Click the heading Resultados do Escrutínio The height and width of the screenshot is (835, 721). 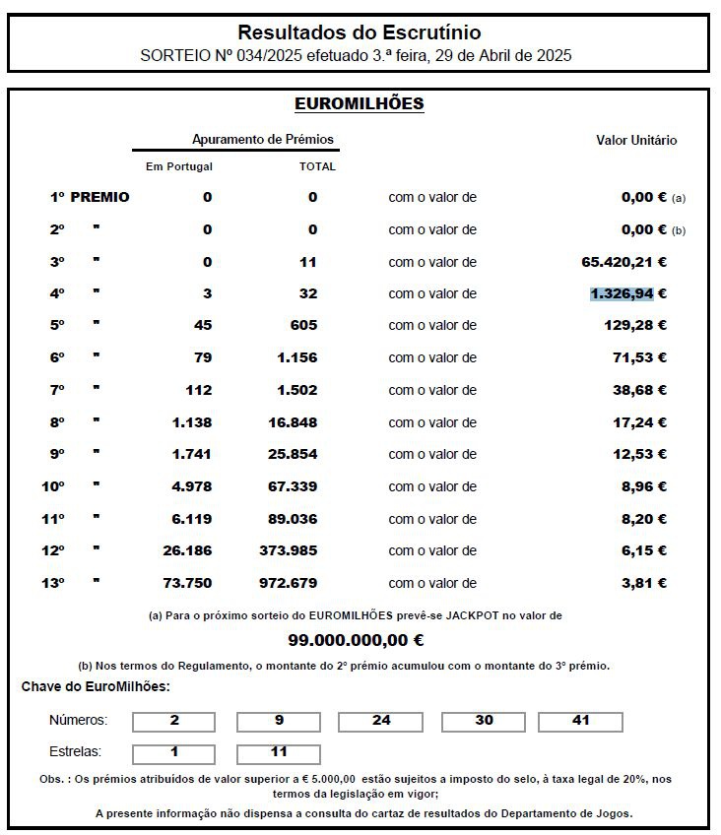click(x=360, y=33)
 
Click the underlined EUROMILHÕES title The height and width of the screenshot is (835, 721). click(x=360, y=103)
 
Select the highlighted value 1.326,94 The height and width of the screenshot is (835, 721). click(x=622, y=293)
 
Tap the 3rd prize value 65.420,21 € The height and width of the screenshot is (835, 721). click(x=624, y=262)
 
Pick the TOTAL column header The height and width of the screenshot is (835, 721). click(x=317, y=166)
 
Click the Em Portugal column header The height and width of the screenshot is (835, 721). click(x=179, y=166)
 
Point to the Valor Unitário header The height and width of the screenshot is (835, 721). click(x=636, y=140)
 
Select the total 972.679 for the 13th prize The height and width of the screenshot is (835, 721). click(x=289, y=583)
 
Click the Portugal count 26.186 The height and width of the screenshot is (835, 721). click(x=187, y=550)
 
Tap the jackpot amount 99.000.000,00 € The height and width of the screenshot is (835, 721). click(x=356, y=640)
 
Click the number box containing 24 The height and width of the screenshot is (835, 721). click(x=381, y=721)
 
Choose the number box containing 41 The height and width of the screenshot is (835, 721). click(x=580, y=721)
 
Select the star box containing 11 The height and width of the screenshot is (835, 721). click(x=279, y=752)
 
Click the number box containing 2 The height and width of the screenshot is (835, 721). click(x=174, y=721)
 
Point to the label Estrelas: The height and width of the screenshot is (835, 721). click(x=76, y=752)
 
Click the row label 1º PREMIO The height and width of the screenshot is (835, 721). click(x=90, y=197)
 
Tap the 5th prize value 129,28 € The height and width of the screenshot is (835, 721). click(x=635, y=325)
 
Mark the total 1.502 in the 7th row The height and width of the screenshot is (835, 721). click(x=296, y=390)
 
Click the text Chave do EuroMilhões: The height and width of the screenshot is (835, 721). click(x=96, y=686)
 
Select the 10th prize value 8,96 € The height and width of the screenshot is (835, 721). click(x=644, y=486)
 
